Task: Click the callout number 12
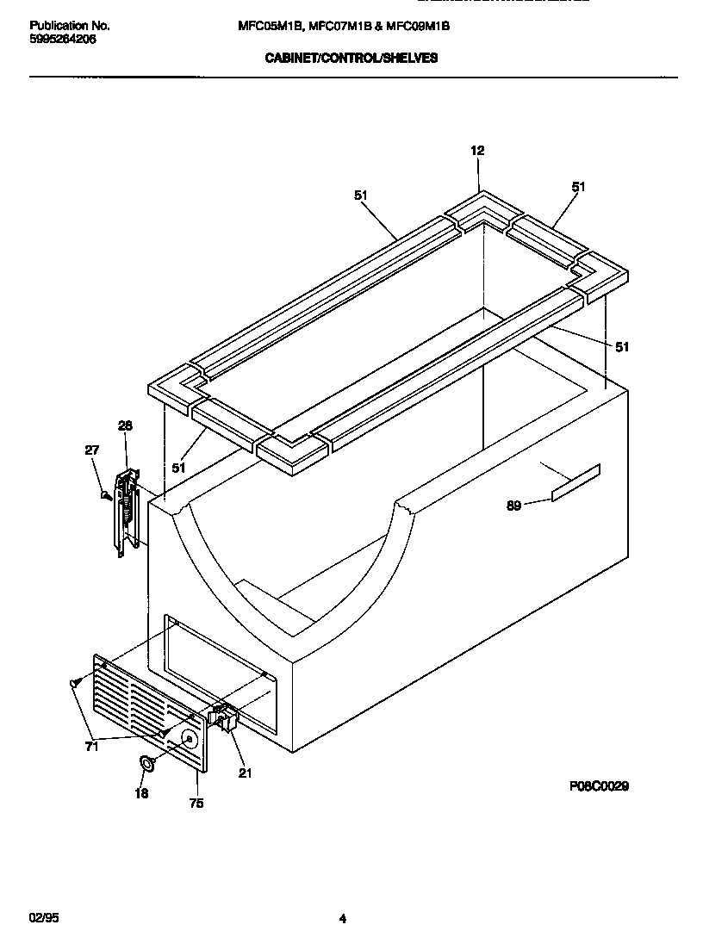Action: click(x=477, y=151)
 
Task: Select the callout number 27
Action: click(x=92, y=450)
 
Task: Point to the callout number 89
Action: click(x=513, y=506)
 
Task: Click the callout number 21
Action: click(x=245, y=773)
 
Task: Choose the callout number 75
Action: click(x=196, y=804)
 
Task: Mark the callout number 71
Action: click(x=91, y=747)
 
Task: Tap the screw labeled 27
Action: click(x=106, y=495)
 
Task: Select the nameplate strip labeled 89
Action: click(x=575, y=481)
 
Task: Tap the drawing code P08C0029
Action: click(x=598, y=786)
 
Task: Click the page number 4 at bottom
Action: click(x=342, y=919)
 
